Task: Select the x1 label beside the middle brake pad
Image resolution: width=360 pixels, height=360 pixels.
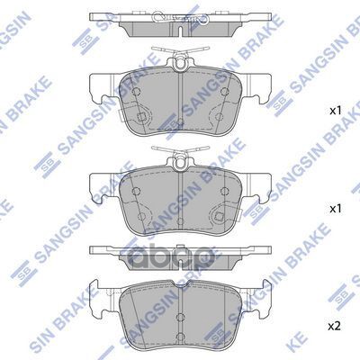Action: (x=334, y=208)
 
